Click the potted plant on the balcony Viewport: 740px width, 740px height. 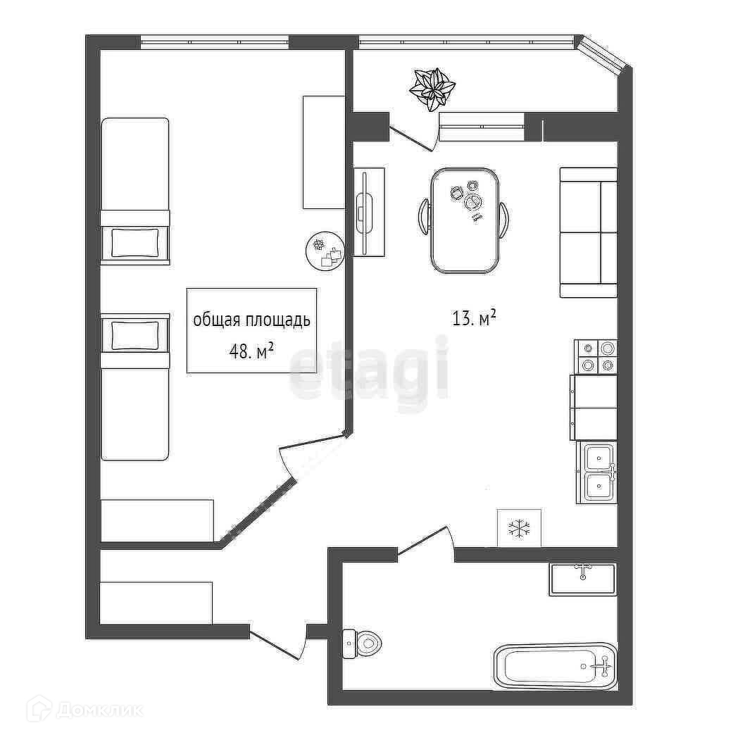pos(432,89)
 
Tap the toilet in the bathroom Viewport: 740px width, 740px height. pos(363,642)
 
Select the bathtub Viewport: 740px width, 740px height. pos(556,665)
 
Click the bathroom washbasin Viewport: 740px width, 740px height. pos(582,579)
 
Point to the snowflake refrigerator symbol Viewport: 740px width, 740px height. pos(520,527)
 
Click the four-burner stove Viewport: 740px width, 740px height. pos(596,356)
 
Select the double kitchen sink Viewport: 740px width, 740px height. pos(597,472)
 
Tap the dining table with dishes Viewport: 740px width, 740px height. pos(465,220)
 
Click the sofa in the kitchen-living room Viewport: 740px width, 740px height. pos(588,232)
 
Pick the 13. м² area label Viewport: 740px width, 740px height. pos(474,319)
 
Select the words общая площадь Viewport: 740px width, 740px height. pos(251,320)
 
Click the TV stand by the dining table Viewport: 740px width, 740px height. pos(368,212)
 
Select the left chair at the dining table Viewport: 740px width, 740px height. pos(424,219)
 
